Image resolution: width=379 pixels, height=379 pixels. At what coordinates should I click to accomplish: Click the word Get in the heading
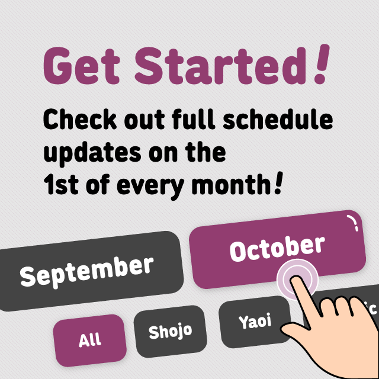(82, 66)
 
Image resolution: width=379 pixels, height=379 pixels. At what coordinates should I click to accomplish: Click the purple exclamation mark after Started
(321, 64)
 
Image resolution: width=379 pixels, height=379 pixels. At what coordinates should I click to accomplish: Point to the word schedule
(278, 119)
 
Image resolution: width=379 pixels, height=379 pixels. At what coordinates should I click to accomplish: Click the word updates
(92, 153)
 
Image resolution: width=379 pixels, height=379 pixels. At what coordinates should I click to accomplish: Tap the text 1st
(60, 184)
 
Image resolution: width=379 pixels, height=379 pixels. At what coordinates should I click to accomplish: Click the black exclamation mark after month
(278, 182)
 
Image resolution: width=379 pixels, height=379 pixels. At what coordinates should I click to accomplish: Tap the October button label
(277, 248)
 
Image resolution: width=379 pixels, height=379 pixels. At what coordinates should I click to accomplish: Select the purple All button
(89, 341)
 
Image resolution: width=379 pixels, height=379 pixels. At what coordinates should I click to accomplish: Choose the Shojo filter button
(171, 331)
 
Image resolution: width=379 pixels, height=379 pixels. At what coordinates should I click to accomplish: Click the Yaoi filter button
(255, 322)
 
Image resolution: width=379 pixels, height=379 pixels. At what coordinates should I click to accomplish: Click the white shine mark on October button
(354, 223)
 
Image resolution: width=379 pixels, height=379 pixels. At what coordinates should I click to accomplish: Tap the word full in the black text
(194, 119)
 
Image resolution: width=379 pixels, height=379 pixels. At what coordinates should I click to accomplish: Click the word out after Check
(144, 120)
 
